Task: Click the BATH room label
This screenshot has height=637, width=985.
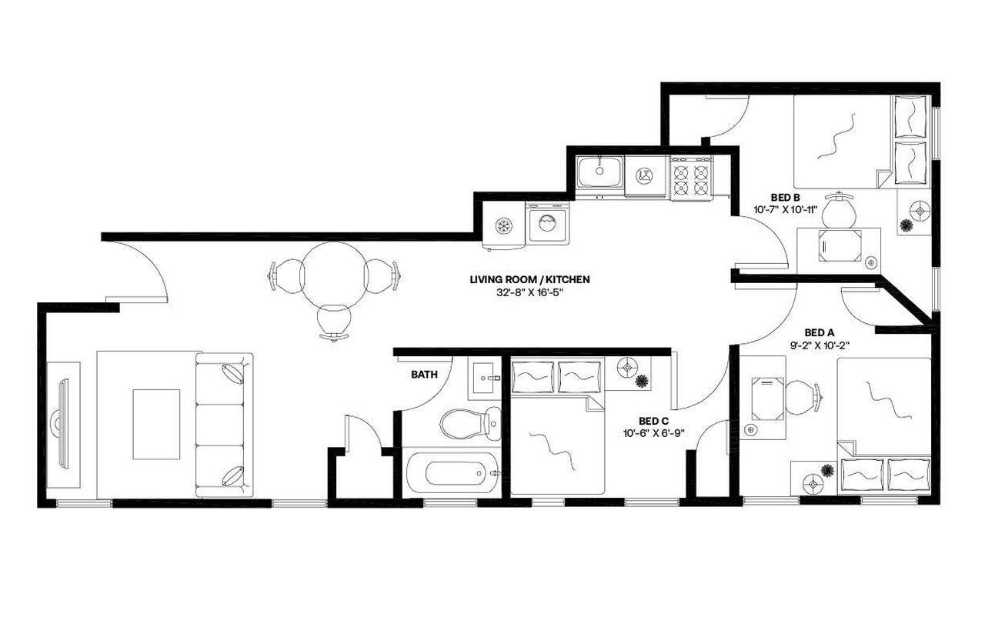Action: coord(423,375)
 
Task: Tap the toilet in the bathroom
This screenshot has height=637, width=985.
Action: coord(468,422)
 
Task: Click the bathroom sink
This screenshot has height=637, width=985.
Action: coord(485,378)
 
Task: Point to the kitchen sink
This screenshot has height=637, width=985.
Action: coord(599,171)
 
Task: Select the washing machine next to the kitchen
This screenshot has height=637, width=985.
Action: coord(547,225)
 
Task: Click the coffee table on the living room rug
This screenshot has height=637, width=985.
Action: coord(156,424)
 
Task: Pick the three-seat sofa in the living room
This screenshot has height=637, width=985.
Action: coord(224,425)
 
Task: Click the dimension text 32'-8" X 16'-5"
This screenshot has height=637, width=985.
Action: coord(524,292)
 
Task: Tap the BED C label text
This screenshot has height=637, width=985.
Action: coord(653,421)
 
